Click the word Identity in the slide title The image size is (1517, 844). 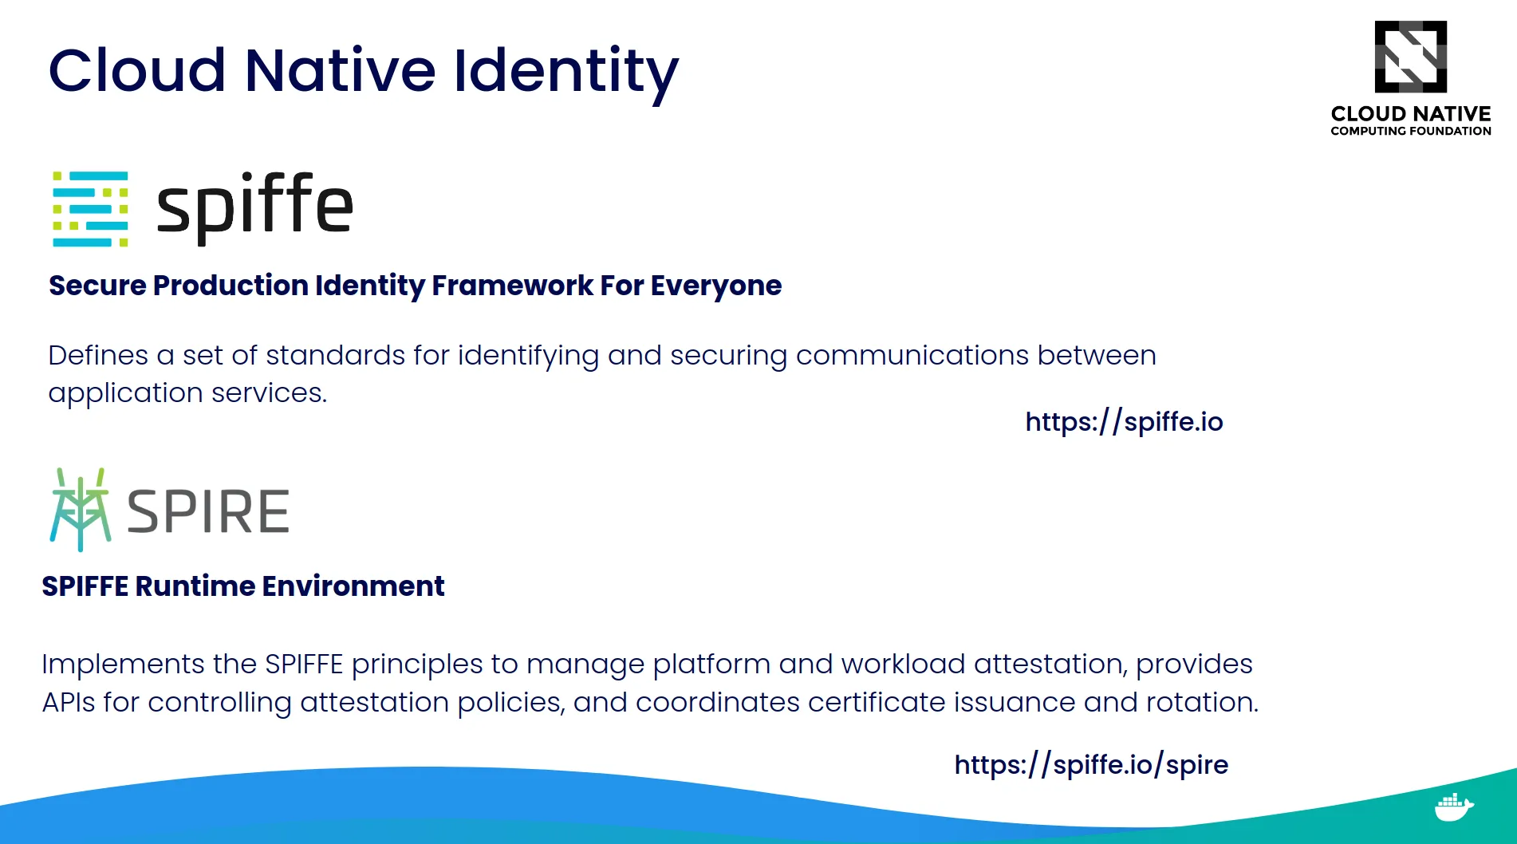coord(565,71)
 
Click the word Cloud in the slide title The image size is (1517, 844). coord(137,71)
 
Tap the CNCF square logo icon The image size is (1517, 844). coord(1410,57)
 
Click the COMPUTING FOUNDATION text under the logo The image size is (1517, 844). coord(1410,131)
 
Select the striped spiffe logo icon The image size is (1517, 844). coord(90,208)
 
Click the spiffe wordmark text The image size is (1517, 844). coord(254,206)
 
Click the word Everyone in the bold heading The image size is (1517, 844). coord(715,286)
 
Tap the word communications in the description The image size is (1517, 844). coord(912,355)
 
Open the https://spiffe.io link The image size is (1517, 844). coord(1124,421)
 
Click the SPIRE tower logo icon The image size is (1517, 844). coord(80,509)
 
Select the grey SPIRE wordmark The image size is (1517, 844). coord(208,511)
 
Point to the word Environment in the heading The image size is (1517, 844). coord(353,586)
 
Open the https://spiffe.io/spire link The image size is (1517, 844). coord(1090,764)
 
